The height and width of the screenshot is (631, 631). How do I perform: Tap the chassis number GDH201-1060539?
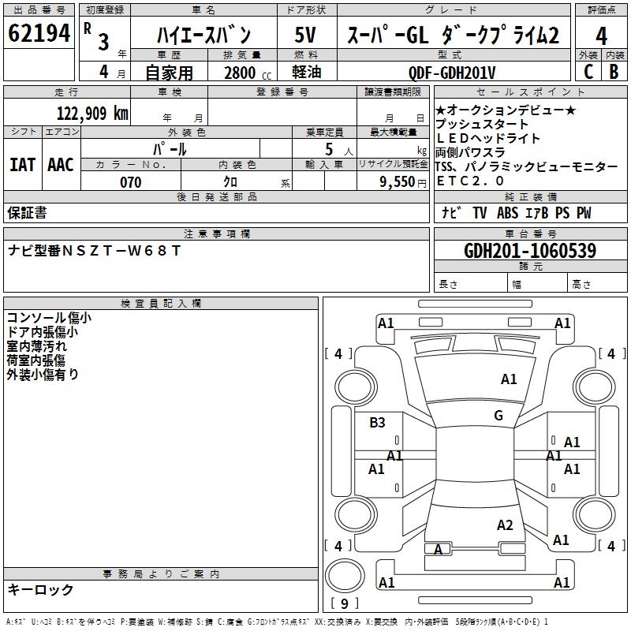(x=529, y=251)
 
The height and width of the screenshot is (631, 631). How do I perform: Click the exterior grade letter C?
(x=588, y=72)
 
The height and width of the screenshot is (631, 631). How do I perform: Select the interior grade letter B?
(x=614, y=72)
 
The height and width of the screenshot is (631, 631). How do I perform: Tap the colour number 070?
(x=130, y=182)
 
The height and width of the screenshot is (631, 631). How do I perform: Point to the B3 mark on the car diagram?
(x=377, y=423)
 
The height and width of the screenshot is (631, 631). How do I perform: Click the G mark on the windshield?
(x=498, y=416)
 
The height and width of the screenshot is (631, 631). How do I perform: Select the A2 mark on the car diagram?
(x=505, y=525)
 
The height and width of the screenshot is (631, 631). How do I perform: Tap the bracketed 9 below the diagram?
(x=345, y=604)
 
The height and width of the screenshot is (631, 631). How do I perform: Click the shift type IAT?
(x=23, y=165)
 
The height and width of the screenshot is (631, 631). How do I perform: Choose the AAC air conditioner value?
(x=61, y=165)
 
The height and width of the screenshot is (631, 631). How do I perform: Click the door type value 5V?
(x=306, y=35)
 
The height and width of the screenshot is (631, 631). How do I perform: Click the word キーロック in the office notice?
(x=41, y=590)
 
